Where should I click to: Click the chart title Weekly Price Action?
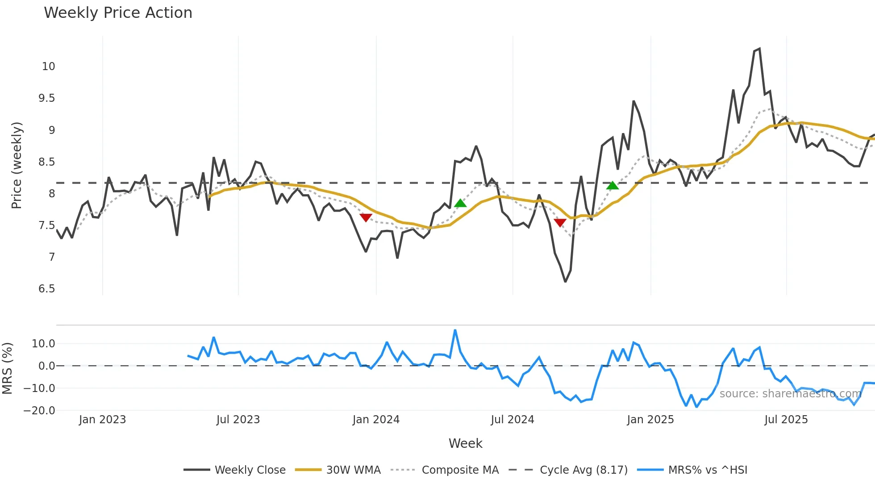[118, 13]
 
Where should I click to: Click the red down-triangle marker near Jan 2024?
[366, 217]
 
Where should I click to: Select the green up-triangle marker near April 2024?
[460, 204]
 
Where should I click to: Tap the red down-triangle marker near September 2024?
[560, 222]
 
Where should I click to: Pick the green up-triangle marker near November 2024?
[612, 185]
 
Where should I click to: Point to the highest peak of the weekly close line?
[759, 49]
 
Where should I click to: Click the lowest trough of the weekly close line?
[565, 281]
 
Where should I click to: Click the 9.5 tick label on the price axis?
[46, 98]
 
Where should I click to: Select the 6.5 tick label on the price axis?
[46, 289]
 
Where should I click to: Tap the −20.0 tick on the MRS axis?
[39, 411]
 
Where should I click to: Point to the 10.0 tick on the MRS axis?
[43, 344]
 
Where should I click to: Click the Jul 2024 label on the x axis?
[512, 420]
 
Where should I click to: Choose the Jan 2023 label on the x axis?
[102, 420]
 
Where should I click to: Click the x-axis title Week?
[465, 443]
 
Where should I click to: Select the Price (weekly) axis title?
[17, 165]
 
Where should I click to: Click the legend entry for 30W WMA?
[353, 470]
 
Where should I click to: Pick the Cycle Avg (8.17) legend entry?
[583, 470]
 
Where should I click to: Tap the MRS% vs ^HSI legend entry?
[707, 470]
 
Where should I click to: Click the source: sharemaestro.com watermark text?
[790, 394]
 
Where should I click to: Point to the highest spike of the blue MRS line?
[455, 331]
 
